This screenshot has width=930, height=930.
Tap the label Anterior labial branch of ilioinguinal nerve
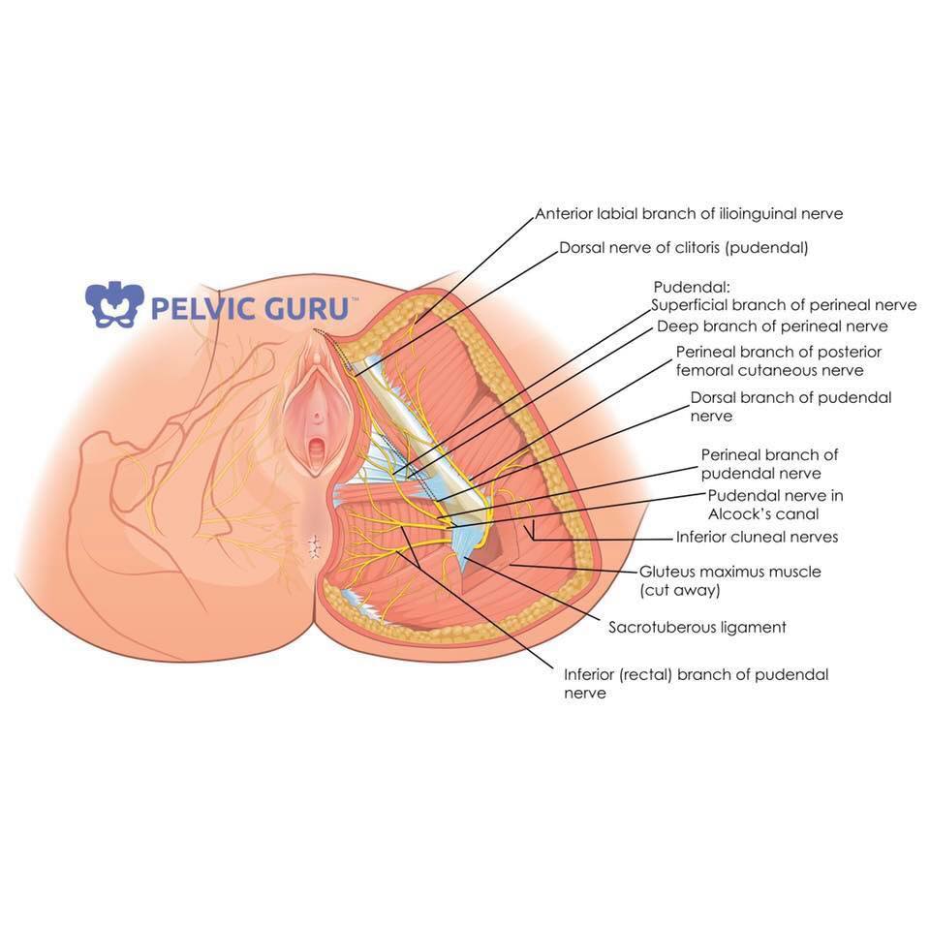pos(689,213)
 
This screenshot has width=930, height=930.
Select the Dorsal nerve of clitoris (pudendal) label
pos(684,247)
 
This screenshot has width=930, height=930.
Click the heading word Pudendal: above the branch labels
pos(692,287)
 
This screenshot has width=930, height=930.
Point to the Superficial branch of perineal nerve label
pos(784,305)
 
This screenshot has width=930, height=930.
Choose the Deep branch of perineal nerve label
pos(772,326)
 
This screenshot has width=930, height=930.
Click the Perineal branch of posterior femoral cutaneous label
pos(779,361)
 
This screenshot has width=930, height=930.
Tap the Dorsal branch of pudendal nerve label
pos(790,406)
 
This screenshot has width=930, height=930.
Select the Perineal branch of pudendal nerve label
pos(769,464)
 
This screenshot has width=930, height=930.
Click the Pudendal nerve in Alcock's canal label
pos(775,504)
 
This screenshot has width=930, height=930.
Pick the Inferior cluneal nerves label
pos(757,537)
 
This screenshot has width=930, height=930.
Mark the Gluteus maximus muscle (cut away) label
pos(729,580)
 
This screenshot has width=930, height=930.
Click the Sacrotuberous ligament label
pos(697,627)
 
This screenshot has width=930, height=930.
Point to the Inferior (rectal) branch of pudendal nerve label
pos(696,683)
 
